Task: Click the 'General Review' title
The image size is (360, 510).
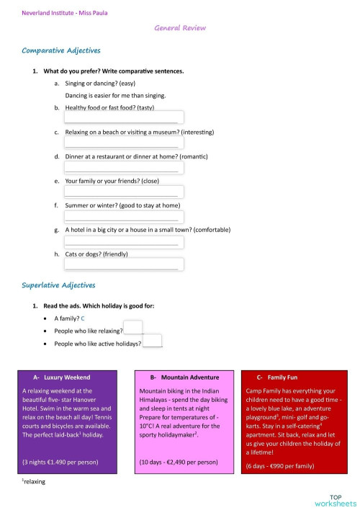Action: (x=180, y=28)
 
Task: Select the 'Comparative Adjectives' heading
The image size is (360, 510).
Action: (x=61, y=51)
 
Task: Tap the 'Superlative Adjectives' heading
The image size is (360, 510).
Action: (x=58, y=285)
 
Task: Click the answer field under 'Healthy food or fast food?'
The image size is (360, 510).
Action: (x=124, y=117)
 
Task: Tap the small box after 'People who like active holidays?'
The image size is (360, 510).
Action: (x=152, y=341)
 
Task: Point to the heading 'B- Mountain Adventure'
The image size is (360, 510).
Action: (x=184, y=377)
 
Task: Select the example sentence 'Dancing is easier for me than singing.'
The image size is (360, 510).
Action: (x=116, y=95)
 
